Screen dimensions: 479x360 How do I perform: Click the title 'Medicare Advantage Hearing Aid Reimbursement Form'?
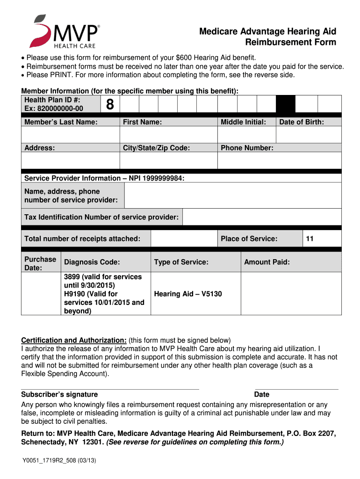coord(267,37)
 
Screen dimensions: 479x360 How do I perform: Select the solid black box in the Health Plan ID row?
coord(286,104)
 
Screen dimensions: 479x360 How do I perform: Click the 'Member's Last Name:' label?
coord(61,122)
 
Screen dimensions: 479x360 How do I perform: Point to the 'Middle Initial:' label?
coord(243,122)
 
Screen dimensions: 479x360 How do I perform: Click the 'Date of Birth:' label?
coord(302,122)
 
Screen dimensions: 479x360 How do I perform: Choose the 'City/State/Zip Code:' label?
coord(156,148)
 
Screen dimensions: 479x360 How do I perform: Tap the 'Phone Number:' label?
coord(247,148)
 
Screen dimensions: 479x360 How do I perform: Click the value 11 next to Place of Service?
coord(310,239)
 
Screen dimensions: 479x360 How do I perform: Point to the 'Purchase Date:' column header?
coord(40,263)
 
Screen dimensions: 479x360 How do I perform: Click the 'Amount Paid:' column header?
coord(267,262)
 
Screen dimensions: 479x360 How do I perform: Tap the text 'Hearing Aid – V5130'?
coord(188,294)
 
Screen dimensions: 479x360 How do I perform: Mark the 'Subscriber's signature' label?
coord(60,394)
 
